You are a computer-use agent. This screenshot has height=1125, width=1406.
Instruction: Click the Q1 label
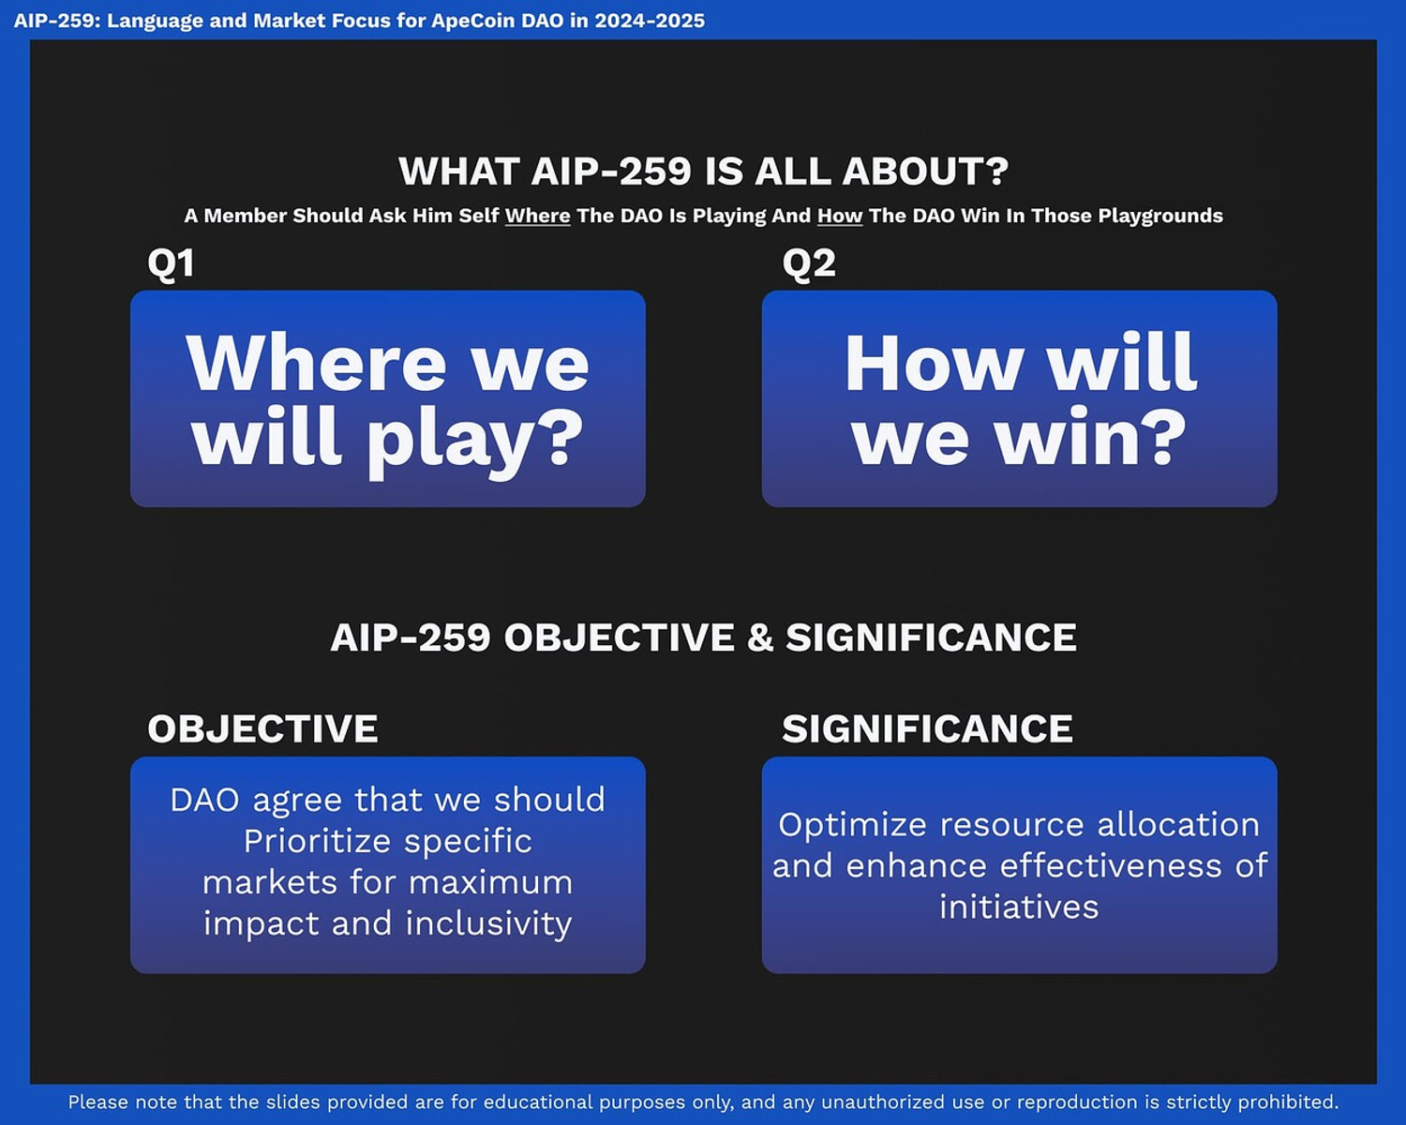pyautogui.click(x=171, y=264)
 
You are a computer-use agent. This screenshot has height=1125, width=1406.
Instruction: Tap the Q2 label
pyautogui.click(x=809, y=264)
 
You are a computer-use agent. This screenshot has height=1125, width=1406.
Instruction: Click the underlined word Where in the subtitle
pyautogui.click(x=538, y=216)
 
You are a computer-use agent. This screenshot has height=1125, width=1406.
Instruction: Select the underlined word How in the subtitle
pyautogui.click(x=840, y=216)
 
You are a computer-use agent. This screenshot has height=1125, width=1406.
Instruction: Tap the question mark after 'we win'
pyautogui.click(x=1165, y=437)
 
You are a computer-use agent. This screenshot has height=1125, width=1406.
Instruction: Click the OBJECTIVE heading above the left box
pyautogui.click(x=262, y=728)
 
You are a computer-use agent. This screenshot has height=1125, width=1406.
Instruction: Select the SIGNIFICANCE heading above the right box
pyautogui.click(x=927, y=728)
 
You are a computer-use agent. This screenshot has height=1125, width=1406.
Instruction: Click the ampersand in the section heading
pyautogui.click(x=760, y=637)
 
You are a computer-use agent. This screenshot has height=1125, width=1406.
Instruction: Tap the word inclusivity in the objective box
pyautogui.click(x=488, y=923)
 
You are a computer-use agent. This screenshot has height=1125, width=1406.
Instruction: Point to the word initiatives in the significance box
pyautogui.click(x=1019, y=907)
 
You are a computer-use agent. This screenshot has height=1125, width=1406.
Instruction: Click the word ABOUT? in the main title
pyautogui.click(x=925, y=172)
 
